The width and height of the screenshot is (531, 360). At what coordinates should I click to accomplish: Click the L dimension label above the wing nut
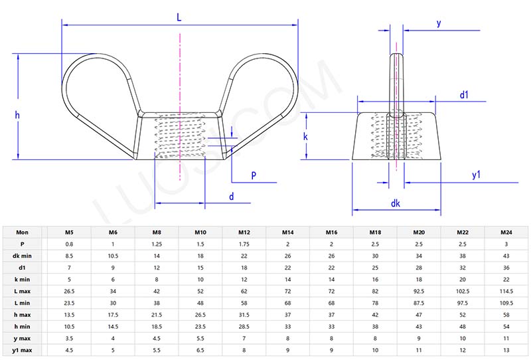point(179,18)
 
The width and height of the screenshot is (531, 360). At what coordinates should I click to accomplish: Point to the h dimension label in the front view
point(18,115)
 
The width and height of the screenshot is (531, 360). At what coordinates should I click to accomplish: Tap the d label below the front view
point(231,197)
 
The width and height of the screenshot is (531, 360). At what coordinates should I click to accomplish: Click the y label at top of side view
point(439,23)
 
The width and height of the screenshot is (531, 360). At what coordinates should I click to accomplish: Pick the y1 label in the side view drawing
point(476,175)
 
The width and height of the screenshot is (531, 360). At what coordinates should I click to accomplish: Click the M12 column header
point(244,233)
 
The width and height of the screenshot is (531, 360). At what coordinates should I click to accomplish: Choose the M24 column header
point(506,233)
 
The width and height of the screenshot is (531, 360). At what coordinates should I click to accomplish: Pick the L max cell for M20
point(419,290)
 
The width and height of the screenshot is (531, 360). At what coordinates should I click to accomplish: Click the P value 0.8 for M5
point(69,244)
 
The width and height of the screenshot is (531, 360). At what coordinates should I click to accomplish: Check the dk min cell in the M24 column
point(506,256)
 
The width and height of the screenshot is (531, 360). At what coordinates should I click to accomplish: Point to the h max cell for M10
point(200,314)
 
